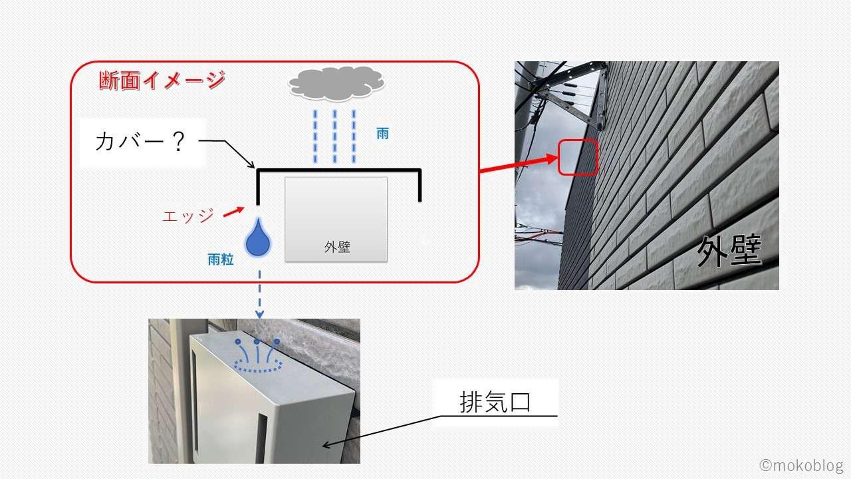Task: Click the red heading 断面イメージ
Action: point(162,80)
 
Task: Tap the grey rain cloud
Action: point(336,84)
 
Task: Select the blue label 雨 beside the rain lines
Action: point(382,134)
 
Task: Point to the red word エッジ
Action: point(189,216)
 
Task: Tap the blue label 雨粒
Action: point(221,259)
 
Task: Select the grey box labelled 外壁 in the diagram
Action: point(336,219)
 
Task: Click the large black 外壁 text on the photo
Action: point(729,252)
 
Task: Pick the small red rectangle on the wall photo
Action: point(577,158)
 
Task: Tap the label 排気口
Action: point(495,402)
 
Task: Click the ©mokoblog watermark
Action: point(801,464)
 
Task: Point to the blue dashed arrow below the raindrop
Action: point(259,293)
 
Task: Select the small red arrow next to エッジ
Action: point(232,211)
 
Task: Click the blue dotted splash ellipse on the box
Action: point(258,365)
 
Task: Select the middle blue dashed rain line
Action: point(334,136)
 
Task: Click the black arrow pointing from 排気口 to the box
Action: point(379,432)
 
